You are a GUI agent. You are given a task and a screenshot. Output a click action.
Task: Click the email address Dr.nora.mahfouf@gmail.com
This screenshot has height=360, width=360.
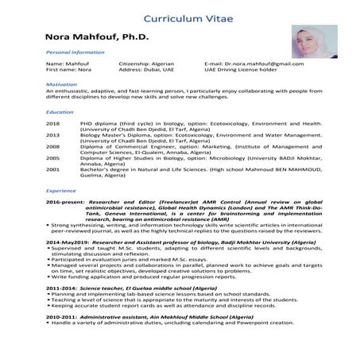[x=258, y=63]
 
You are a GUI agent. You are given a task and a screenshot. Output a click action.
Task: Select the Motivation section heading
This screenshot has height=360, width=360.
[x=61, y=83]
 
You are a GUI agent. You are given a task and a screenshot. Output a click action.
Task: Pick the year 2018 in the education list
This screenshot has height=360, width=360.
[x=52, y=124]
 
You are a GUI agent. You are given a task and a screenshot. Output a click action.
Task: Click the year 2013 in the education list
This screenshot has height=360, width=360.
[x=52, y=135]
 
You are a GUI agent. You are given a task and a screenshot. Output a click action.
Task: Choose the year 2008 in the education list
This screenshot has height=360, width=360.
[x=52, y=147]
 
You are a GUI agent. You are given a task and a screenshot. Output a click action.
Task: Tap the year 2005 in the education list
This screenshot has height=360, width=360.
[x=52, y=158]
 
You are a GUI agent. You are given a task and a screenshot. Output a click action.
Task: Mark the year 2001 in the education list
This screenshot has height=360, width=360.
[x=52, y=170]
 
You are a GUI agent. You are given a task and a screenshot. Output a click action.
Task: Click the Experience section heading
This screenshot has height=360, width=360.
[x=61, y=192]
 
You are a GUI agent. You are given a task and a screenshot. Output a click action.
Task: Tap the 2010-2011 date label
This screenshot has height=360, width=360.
[x=61, y=317]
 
